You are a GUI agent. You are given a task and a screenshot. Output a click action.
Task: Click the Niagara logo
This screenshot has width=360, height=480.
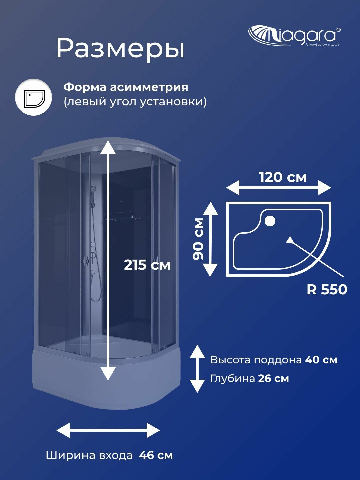coord(294,35)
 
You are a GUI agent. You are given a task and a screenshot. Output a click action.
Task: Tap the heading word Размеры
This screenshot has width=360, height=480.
coord(120,49)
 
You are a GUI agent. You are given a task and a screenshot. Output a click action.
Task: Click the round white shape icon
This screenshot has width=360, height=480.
coord(33,97)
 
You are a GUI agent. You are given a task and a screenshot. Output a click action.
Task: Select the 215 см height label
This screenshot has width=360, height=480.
coord(147,265)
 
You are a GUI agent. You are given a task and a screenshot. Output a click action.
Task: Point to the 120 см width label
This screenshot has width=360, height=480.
coord(283,177)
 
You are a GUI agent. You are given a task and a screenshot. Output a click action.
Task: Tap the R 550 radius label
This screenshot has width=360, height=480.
coord(327,289)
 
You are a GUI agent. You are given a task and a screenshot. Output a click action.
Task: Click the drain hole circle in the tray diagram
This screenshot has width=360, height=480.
coord(269,221)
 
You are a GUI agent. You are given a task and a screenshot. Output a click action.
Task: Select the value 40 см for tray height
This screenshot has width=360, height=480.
coord(321,360)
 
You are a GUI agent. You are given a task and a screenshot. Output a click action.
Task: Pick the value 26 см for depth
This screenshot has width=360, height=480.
coord(273,379)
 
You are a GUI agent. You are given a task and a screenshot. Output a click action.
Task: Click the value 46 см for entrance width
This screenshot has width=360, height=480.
coord(156,455)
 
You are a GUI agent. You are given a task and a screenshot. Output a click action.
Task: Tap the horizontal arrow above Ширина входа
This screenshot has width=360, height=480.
coord(108,430)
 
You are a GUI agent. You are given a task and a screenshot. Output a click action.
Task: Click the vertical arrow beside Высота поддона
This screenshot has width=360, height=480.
coord(197,369)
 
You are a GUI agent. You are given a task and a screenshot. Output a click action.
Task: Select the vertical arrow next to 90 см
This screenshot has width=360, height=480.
coord(210,239)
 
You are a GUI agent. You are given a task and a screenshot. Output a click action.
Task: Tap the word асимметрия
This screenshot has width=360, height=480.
coord(149,87)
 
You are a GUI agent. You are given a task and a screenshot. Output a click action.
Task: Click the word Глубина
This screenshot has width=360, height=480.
coord(233,379)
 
